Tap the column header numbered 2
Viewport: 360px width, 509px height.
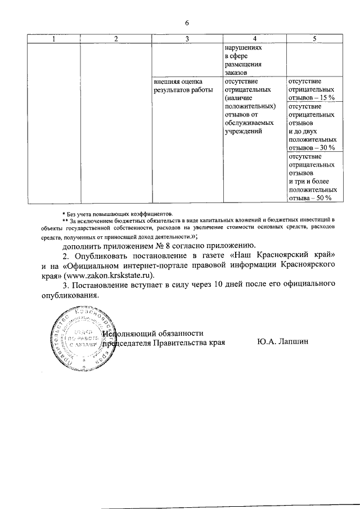116,38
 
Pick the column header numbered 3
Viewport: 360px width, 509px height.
187,38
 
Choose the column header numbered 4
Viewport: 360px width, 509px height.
254,38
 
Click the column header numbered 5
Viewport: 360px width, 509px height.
314,38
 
